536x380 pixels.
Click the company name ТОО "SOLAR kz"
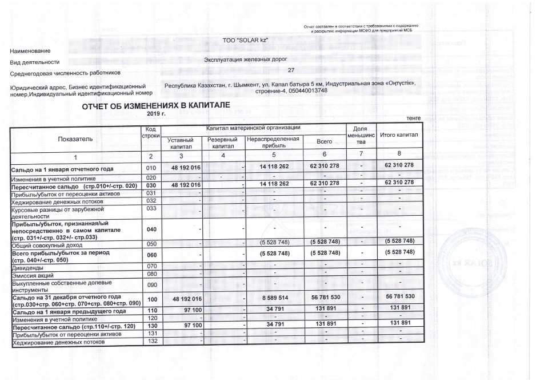(x=245, y=41)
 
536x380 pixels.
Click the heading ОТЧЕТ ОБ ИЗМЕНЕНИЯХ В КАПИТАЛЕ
(x=155, y=106)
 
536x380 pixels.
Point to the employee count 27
(x=291, y=70)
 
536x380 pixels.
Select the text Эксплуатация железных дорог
(x=245, y=59)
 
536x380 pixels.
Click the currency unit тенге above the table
(x=413, y=118)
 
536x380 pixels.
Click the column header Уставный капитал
(x=182, y=143)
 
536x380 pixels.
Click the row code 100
(x=151, y=299)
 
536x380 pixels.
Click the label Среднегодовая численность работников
(x=66, y=73)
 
